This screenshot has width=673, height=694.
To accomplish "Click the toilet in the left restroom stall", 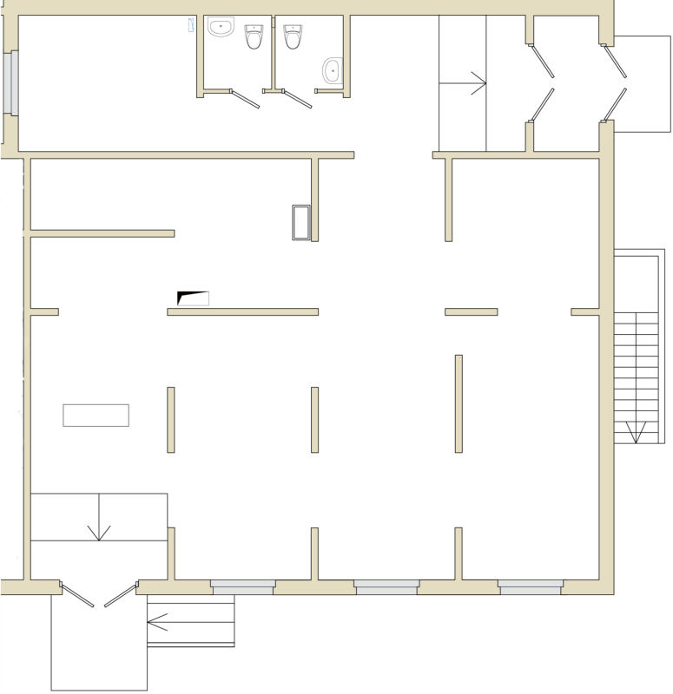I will pos(254,36).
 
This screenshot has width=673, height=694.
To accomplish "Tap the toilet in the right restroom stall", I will pos(293,36).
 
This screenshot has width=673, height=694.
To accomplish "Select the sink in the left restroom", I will pos(222,27).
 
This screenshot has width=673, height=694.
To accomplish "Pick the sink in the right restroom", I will pos(332,70).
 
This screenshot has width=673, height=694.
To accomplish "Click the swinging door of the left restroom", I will pos(246,99).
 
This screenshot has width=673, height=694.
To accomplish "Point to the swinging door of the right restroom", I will pos(298,99).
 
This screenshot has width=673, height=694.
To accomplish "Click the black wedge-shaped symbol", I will pos(191,298).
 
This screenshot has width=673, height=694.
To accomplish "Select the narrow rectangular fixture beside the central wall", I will pos(301,222).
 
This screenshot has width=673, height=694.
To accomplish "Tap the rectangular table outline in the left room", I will pos(96,416).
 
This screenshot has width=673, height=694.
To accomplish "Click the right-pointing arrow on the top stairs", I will pos(476,83).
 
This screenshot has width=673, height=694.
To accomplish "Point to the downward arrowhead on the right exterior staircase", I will pos(636,431).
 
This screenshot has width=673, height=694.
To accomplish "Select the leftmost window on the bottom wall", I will pos(243,587).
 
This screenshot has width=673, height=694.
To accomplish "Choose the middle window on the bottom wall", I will pos(386,587).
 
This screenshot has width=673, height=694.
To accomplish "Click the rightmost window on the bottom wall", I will pos(531,587).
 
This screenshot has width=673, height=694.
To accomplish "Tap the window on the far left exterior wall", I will pos(13,83).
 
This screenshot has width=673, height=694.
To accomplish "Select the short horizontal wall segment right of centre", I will pos(472,311).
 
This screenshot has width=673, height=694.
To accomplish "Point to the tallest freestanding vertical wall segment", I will pos(459,403).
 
